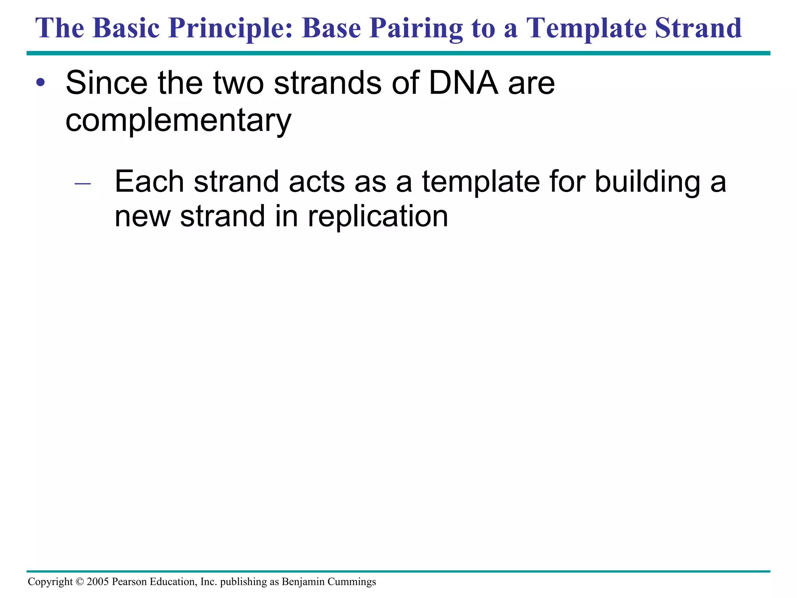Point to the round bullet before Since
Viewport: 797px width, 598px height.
[40, 83]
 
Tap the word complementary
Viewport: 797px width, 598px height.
[178, 120]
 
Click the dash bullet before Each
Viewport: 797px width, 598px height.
[83, 183]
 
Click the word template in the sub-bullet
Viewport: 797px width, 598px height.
[481, 182]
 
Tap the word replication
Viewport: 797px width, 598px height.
[377, 216]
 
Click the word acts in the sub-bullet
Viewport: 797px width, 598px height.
[316, 182]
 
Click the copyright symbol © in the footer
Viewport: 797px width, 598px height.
[80, 582]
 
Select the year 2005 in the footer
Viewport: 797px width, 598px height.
[98, 582]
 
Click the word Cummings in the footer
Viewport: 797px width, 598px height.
[351, 582]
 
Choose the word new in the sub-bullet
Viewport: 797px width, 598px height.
[142, 216]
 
